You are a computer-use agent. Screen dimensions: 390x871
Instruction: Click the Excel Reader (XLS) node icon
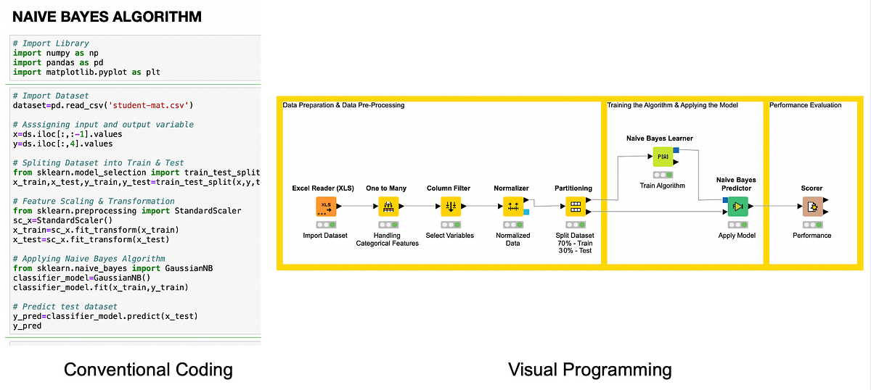pos(326,207)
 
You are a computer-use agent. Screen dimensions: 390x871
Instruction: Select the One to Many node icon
pos(388,207)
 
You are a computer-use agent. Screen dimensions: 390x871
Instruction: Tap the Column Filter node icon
pos(451,207)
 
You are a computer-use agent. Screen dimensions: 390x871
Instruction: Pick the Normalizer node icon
pos(513,207)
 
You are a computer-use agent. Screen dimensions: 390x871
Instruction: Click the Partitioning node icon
pos(575,207)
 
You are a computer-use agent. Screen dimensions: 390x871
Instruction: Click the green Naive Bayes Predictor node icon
pos(737,207)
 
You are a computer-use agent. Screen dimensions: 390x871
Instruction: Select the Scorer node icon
pos(811,207)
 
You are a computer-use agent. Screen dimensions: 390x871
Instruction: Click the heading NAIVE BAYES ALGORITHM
pos(107,16)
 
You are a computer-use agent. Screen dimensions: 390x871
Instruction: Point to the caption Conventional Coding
pos(148,370)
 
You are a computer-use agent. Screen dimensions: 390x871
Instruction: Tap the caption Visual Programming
pos(589,370)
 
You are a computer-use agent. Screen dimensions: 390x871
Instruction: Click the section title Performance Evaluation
pos(805,105)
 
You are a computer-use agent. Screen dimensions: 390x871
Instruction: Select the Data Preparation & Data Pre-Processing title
pos(343,105)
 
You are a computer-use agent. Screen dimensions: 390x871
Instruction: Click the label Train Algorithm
pos(662,186)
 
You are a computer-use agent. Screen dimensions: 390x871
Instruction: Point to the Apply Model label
pos(737,236)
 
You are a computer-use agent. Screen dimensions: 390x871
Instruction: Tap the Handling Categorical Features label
pos(387,239)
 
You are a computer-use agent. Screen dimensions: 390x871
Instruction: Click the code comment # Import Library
pos(51,43)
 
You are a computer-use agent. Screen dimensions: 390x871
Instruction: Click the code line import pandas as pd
pos(61,62)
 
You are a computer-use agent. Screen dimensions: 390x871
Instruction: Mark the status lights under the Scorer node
pos(811,225)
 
